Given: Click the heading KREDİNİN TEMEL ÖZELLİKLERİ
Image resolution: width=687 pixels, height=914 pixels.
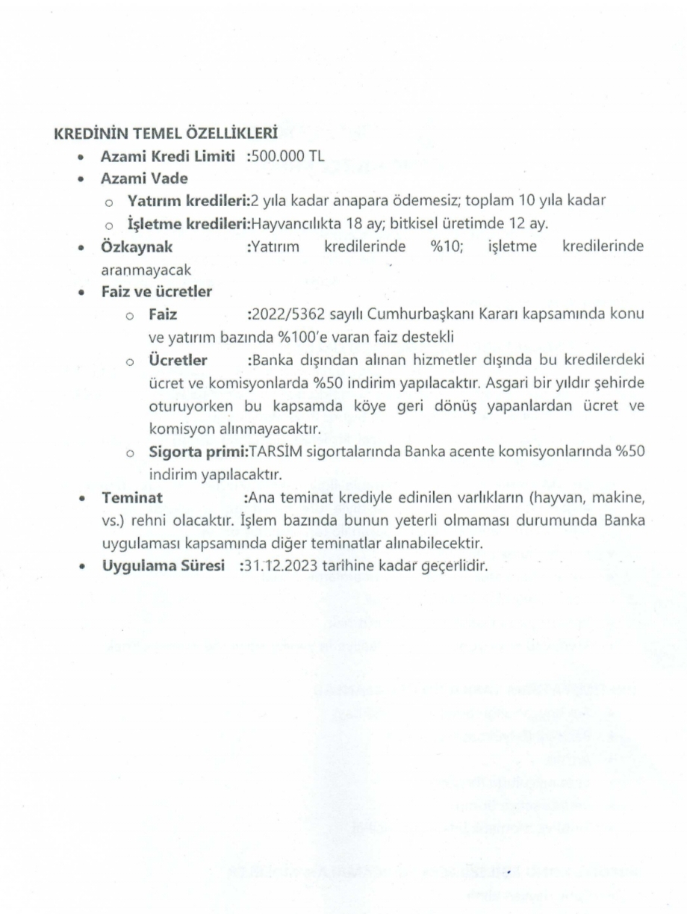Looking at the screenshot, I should tap(165, 135).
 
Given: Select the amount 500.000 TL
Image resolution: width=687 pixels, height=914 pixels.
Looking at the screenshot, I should tap(291, 158).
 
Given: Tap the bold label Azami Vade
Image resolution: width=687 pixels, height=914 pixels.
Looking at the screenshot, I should tap(144, 179).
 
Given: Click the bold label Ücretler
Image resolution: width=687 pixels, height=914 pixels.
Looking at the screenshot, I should tap(178, 360).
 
